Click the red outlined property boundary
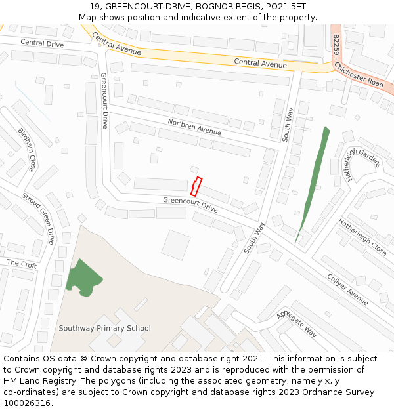196,186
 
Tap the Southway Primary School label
104,328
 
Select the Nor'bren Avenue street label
194,127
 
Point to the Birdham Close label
27,150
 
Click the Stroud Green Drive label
38,218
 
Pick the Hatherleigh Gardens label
357,161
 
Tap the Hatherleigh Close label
362,236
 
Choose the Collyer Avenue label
347,289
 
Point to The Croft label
22,264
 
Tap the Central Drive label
42,43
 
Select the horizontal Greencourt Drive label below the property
190,204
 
